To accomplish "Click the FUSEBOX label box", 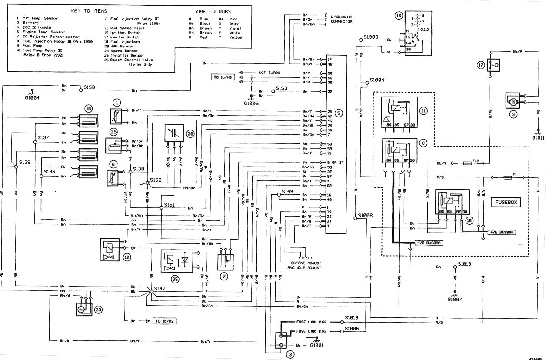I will [x=506, y=203].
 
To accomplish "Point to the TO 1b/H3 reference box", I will [x=222, y=77].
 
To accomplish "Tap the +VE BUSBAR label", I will [x=502, y=233].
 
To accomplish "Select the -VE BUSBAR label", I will [x=428, y=243].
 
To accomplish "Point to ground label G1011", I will [x=538, y=138].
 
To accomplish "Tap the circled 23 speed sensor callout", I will [x=99, y=310].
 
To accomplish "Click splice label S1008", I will [x=365, y=216].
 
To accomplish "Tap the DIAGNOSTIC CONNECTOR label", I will [x=341, y=19].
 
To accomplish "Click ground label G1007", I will [x=455, y=299].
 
